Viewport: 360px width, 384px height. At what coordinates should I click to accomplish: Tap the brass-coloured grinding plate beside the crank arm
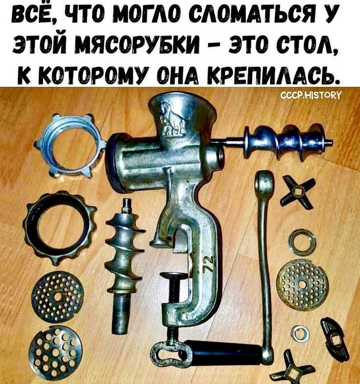(302, 284)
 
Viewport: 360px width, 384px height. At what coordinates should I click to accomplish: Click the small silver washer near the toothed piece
(301, 333)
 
